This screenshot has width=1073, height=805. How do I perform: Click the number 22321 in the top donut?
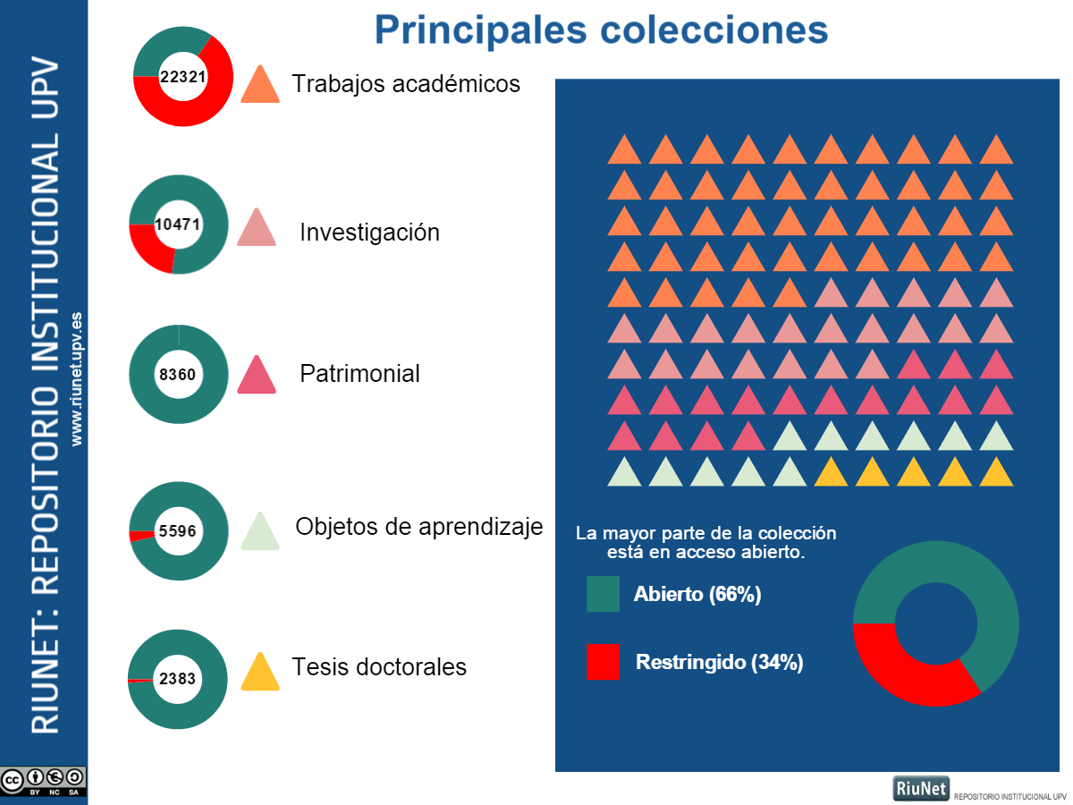coord(182,77)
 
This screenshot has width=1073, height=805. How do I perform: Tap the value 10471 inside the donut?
coord(177,225)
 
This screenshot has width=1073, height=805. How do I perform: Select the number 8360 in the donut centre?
coord(177,375)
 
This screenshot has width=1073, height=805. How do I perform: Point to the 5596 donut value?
coord(177,530)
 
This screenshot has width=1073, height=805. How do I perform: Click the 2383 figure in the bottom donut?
coord(177,678)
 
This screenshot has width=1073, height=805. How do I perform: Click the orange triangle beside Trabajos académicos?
coord(260,85)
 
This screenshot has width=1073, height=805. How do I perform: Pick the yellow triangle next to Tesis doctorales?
coord(260,673)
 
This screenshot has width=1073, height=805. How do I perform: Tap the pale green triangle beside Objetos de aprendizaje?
coord(260,532)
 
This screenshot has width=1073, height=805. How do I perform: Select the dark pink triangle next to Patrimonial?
coord(257,376)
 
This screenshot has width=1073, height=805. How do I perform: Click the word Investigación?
coord(369,233)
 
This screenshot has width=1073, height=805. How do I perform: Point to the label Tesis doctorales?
coord(379,666)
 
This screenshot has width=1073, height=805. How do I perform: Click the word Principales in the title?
coord(480,30)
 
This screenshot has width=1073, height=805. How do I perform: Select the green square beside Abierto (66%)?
coord(603,594)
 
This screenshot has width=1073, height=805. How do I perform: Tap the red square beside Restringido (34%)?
coord(603,662)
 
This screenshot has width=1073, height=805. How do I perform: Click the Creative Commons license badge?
coord(43,782)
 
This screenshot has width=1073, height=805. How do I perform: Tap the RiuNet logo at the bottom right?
coord(921,788)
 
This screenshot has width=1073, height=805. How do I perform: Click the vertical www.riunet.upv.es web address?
coord(77,378)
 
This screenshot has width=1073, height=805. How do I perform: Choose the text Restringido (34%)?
coord(719,662)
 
